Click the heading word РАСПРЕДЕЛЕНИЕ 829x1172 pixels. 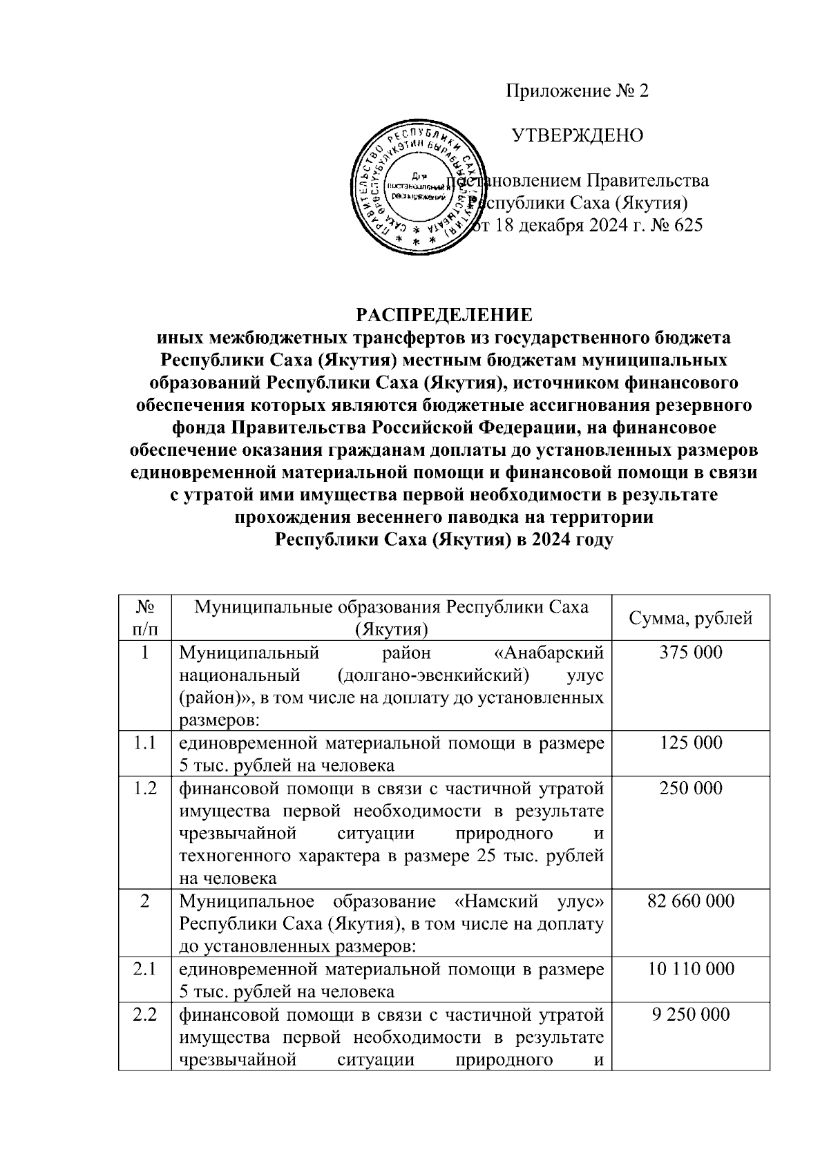tap(444, 316)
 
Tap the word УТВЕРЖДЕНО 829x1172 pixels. tap(577, 135)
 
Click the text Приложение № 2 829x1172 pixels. tap(578, 91)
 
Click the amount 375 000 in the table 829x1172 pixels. tap(690, 653)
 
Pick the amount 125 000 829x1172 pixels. tap(690, 743)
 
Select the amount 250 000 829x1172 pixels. tap(690, 788)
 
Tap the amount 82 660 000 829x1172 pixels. tap(690, 901)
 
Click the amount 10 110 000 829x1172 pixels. tap(690, 969)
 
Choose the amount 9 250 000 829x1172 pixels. tap(690, 1015)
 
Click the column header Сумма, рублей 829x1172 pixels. tap(690, 618)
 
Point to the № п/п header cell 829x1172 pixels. tap(145, 618)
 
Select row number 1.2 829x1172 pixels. tap(145, 788)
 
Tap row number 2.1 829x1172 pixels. tap(145, 969)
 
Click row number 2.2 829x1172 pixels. tap(145, 1015)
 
